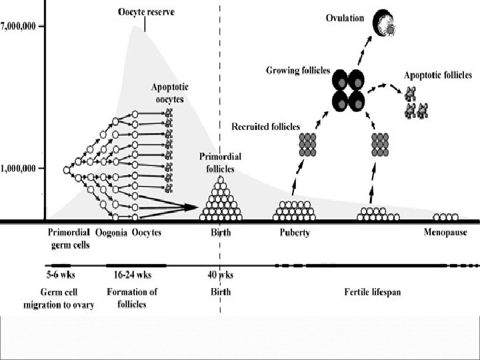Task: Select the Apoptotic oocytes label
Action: tap(168, 93)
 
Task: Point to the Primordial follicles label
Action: tap(221, 162)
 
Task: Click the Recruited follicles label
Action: tap(265, 126)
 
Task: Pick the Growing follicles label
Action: tap(298, 70)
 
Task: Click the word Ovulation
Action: tap(345, 18)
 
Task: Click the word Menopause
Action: tap(445, 233)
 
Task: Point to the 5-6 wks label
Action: tap(61, 275)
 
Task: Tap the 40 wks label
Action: tap(220, 275)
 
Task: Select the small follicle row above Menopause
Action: tap(445, 217)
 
